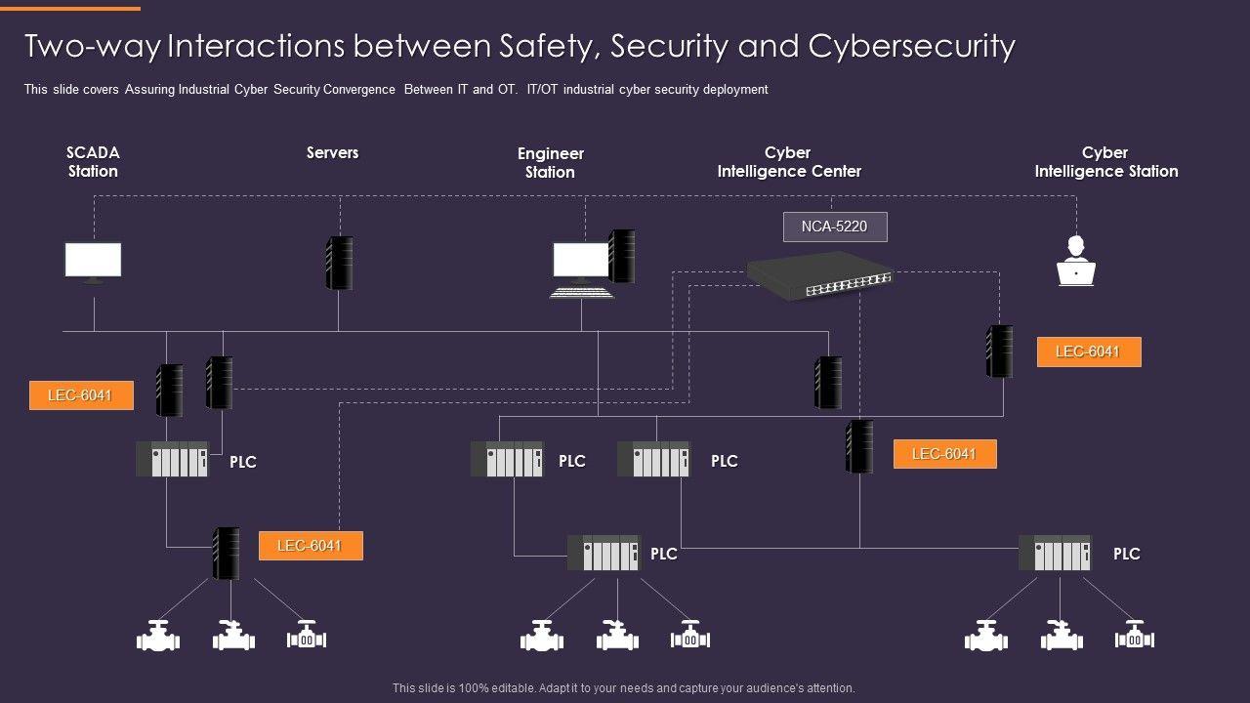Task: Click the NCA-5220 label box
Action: click(835, 227)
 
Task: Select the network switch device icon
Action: click(819, 274)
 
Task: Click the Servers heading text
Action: click(332, 152)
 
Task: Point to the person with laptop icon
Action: click(1075, 262)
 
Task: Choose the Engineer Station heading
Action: click(551, 163)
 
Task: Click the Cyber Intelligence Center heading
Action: click(789, 162)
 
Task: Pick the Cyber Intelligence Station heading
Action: click(1105, 162)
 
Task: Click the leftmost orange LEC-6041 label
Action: click(81, 395)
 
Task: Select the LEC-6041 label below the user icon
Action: click(1089, 351)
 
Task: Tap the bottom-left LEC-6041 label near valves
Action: click(311, 546)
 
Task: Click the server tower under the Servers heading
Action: click(339, 263)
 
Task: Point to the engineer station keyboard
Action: click(582, 291)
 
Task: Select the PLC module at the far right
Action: click(1055, 554)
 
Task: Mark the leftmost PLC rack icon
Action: click(172, 459)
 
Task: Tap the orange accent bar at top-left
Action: click(70, 9)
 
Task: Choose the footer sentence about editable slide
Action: click(623, 688)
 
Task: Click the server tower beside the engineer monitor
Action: click(621, 256)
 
